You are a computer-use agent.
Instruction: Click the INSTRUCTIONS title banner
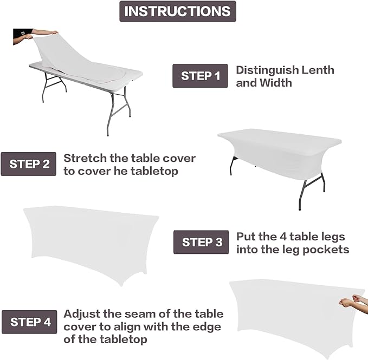(178, 11)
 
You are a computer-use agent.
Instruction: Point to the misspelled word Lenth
(318, 70)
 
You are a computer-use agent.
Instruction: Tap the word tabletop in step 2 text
(154, 171)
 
